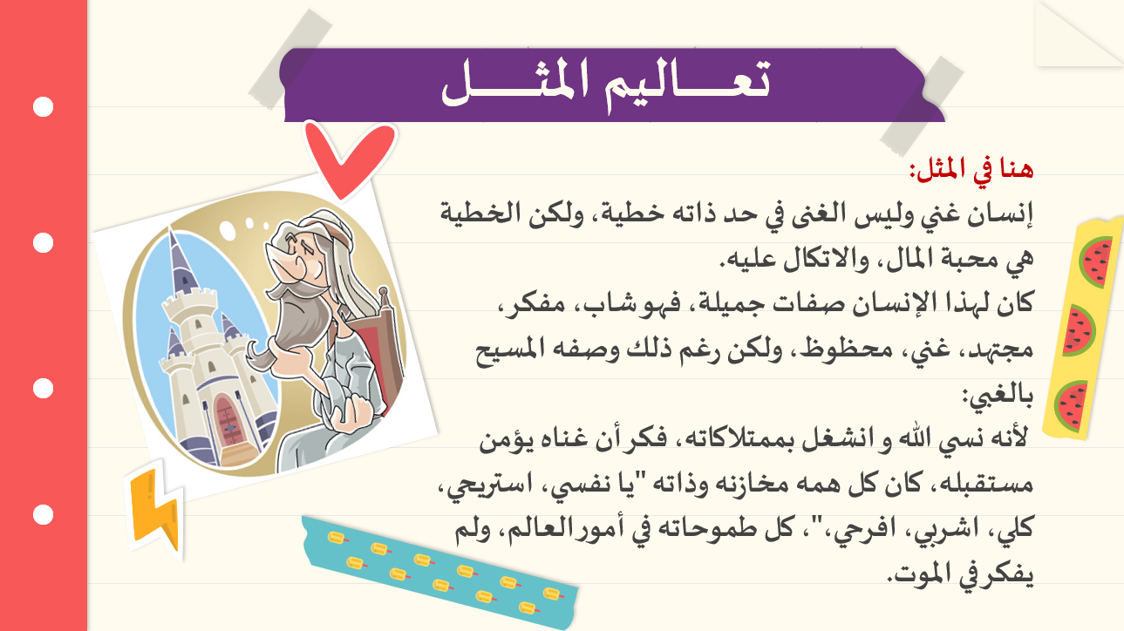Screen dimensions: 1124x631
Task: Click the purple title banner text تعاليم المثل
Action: tap(606, 85)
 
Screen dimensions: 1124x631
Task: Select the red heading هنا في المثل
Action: tap(972, 170)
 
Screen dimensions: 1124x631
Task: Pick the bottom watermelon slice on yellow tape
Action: tap(1072, 406)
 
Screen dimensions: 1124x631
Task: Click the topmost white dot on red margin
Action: tap(43, 107)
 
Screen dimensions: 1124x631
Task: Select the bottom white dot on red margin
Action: tap(43, 514)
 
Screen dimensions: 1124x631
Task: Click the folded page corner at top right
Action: tap(1079, 33)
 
